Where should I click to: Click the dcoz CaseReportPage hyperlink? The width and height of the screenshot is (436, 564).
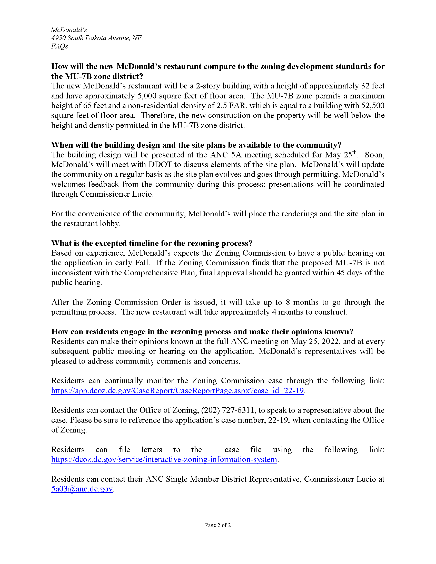pos(177,390)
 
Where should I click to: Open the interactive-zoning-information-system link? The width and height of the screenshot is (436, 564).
pos(164,459)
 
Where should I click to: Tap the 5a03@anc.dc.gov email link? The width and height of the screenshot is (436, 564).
pos(82,489)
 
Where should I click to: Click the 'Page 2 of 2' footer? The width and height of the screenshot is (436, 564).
pos(218,525)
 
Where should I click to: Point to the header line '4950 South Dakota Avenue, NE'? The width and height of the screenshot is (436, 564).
pos(96,38)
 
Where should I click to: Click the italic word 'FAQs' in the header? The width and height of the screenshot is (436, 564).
pos(60,46)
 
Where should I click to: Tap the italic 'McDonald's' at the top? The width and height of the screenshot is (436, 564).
pos(69,30)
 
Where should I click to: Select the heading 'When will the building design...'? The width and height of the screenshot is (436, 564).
pos(196,145)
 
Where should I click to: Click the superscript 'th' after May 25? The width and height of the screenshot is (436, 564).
pos(354,152)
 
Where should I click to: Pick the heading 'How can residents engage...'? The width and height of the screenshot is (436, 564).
pos(202,331)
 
